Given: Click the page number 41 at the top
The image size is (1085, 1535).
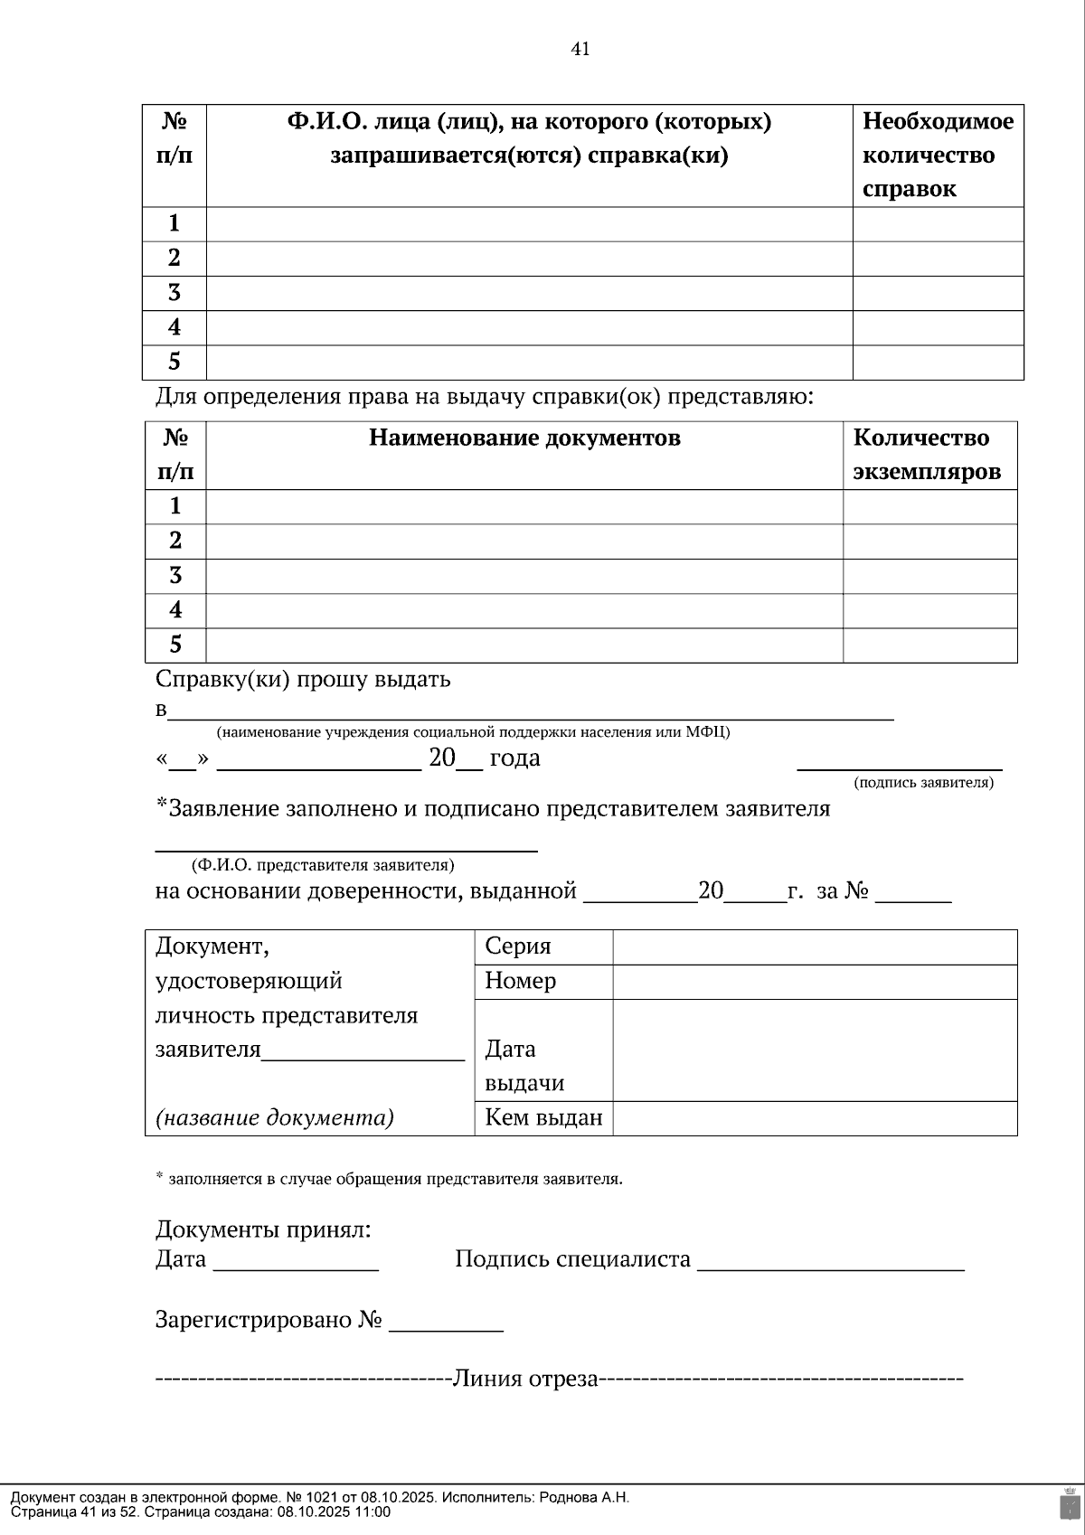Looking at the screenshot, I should [x=580, y=50].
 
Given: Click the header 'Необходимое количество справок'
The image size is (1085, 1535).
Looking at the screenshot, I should [x=938, y=155].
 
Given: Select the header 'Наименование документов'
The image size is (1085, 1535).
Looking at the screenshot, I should [x=524, y=438].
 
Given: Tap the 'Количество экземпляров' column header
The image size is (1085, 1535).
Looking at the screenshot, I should [x=927, y=455].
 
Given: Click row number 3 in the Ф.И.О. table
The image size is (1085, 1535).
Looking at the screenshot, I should [x=175, y=293].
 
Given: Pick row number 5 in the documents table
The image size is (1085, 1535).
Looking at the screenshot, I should [x=175, y=645].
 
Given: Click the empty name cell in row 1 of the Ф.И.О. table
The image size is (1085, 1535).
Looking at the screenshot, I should [x=529, y=224].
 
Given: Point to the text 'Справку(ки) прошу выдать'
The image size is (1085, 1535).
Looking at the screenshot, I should [x=303, y=679].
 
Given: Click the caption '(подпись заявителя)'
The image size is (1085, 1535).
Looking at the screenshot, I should [x=923, y=783].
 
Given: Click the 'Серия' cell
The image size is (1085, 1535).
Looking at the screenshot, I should [x=518, y=946].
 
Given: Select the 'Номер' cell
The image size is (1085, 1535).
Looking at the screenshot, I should [x=521, y=981].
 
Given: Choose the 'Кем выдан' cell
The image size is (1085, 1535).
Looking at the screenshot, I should [x=543, y=1118].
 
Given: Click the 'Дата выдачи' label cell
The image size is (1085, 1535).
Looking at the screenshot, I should [x=524, y=1066].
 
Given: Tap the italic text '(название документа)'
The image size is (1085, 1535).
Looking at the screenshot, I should [x=275, y=1118].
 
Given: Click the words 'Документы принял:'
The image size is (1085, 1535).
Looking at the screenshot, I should [x=263, y=1229].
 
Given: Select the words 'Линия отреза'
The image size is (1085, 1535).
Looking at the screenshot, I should [x=525, y=1379].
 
